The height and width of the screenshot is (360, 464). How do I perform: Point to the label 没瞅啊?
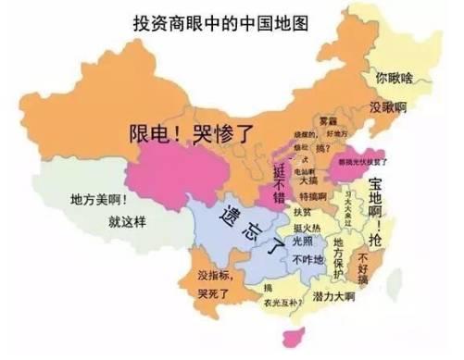point(388,108)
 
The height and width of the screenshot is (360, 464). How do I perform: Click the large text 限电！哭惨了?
point(190,132)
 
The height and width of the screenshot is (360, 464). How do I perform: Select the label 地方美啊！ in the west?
point(97,200)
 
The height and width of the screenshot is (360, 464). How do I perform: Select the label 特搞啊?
point(312,197)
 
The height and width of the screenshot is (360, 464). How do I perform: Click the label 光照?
point(303,242)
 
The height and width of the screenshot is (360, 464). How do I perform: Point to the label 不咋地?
point(307,260)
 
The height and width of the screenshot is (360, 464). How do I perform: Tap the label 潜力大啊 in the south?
point(334,297)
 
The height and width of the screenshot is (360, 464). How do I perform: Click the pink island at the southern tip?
point(297,335)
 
